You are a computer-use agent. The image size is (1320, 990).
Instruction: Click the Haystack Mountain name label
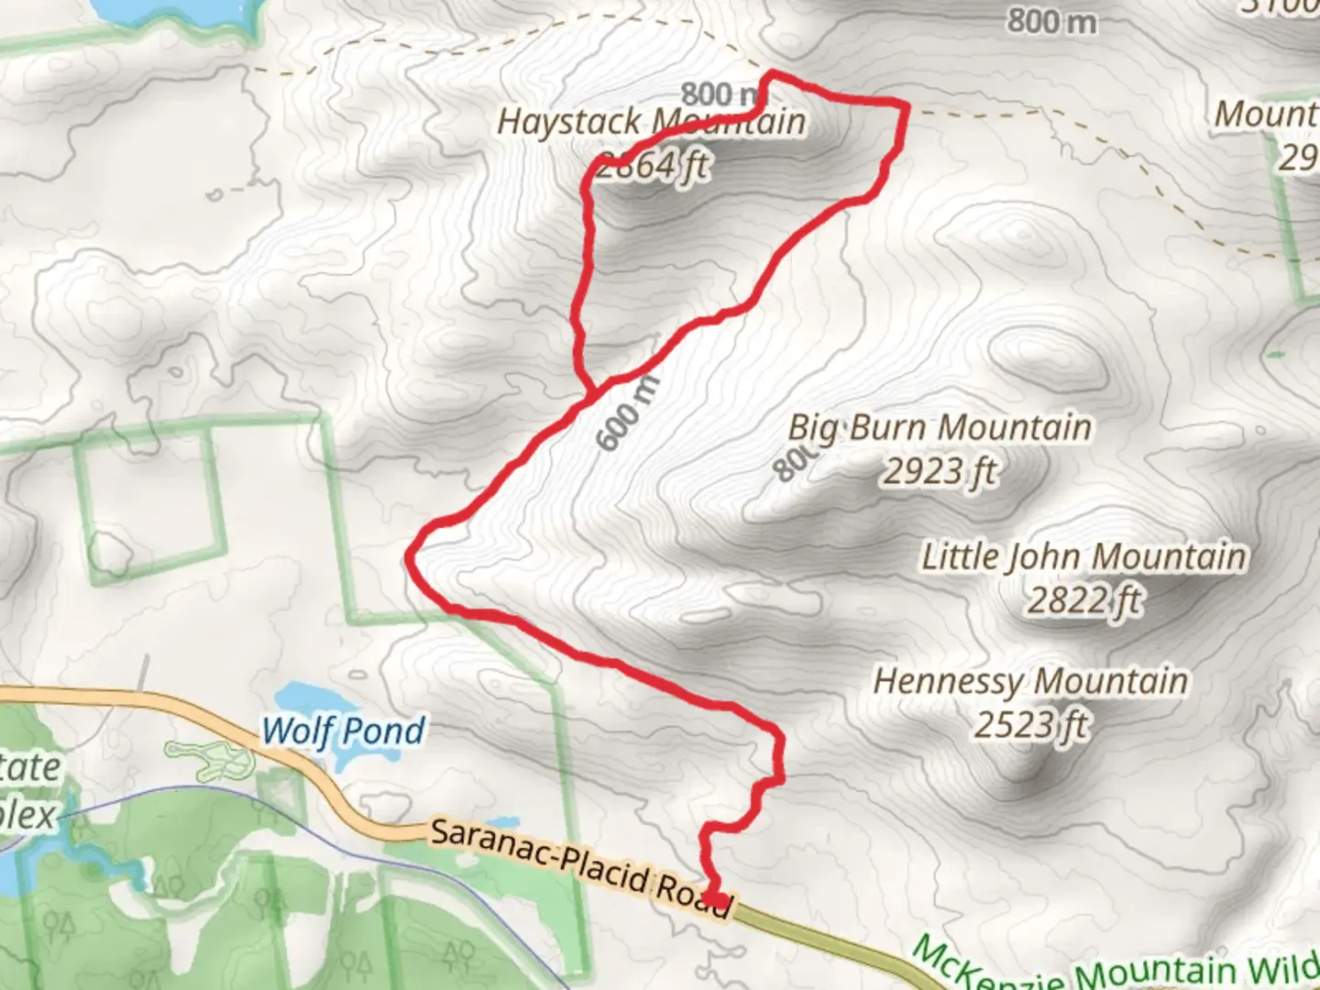click(651, 122)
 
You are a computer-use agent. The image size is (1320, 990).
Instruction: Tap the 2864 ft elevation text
click(653, 166)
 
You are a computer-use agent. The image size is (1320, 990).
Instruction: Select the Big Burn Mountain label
click(940, 427)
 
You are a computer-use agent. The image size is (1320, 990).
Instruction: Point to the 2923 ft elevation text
click(940, 471)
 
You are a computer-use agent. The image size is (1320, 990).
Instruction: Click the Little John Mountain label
click(1083, 556)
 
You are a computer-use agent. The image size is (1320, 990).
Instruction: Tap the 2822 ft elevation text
click(1083, 600)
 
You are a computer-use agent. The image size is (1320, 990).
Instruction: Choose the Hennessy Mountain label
click(1031, 681)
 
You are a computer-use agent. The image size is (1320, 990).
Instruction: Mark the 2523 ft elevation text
click(1031, 725)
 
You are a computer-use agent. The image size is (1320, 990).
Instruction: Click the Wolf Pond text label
click(344, 731)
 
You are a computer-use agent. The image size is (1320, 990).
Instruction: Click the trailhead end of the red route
click(716, 900)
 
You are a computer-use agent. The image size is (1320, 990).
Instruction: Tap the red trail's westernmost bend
click(410, 555)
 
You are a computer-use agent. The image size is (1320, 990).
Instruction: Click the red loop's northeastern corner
click(906, 107)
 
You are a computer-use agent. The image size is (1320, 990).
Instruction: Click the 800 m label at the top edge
click(1051, 20)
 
